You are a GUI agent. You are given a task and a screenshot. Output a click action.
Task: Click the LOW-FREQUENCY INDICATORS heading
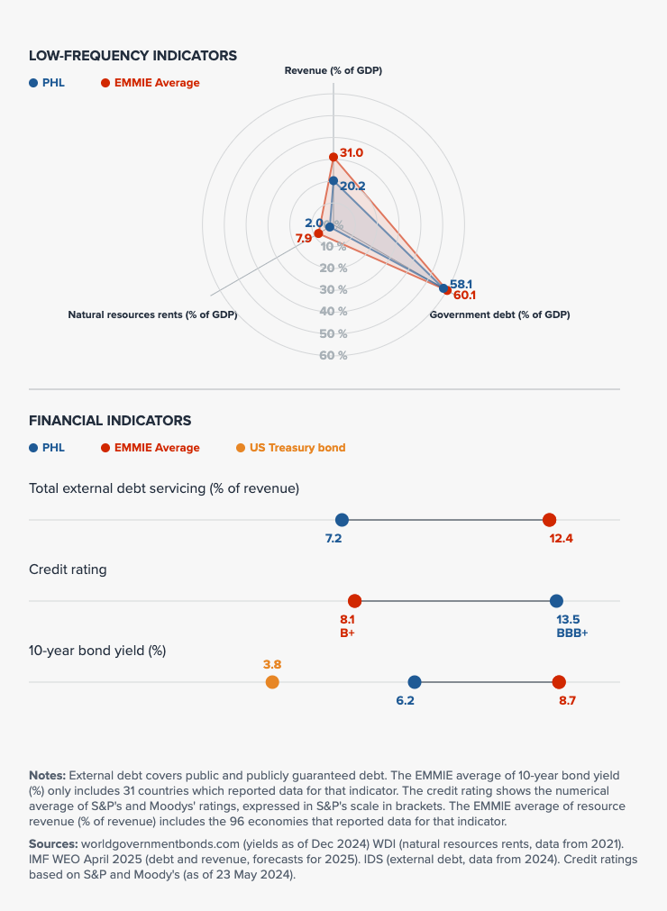point(132,56)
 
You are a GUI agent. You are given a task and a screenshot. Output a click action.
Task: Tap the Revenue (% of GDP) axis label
point(333,70)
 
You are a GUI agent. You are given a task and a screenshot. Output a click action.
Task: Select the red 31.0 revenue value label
point(352,153)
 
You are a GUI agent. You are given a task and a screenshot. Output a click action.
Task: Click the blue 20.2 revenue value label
point(352,187)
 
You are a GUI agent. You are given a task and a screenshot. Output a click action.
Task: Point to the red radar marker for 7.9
point(318,233)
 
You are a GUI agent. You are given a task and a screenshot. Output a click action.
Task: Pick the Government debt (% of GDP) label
point(499,314)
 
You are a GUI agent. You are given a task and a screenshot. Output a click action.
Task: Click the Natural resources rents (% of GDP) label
point(152,314)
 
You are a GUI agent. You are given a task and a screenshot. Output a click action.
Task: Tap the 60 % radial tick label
point(333,355)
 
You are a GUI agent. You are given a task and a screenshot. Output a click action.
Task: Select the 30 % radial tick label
point(333,289)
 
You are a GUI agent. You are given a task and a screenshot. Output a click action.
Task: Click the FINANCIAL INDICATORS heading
point(110,420)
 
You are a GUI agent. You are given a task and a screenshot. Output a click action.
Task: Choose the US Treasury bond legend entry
point(290,448)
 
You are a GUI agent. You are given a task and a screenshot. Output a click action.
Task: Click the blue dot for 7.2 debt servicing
point(342,520)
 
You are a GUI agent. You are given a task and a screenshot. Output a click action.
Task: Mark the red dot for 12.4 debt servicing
point(549,520)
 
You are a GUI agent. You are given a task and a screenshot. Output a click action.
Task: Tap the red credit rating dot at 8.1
point(354,601)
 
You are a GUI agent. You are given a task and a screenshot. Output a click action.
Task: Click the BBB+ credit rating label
point(571,633)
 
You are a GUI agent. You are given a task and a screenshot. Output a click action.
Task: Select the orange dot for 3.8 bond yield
point(272,682)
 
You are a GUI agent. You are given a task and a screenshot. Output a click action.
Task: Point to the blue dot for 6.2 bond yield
point(415,682)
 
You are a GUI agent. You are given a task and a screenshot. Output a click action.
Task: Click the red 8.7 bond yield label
point(567,700)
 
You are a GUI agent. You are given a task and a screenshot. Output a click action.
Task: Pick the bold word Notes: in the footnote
point(47,775)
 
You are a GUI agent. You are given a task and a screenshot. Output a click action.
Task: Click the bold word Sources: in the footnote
point(53,842)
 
